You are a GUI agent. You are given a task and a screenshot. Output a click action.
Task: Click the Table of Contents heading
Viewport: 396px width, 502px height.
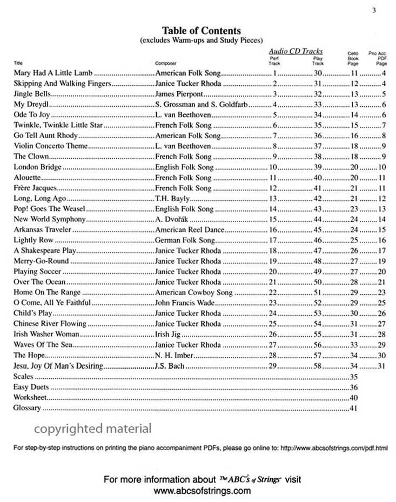click(x=201, y=31)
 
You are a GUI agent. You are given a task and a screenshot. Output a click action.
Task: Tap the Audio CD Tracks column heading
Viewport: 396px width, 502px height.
click(x=296, y=51)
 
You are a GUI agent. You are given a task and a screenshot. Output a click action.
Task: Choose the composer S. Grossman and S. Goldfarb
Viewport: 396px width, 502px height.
click(x=201, y=104)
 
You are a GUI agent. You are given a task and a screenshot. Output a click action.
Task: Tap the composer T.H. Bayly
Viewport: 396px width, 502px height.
click(x=170, y=199)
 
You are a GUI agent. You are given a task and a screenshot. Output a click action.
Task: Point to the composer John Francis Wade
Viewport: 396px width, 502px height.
click(x=185, y=303)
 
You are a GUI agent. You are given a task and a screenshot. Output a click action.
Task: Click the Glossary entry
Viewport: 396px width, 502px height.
click(x=27, y=408)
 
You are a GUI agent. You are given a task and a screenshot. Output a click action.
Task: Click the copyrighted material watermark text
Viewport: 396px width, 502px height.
click(x=93, y=429)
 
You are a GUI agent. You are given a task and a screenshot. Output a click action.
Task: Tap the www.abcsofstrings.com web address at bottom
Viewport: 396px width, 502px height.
click(x=202, y=491)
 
